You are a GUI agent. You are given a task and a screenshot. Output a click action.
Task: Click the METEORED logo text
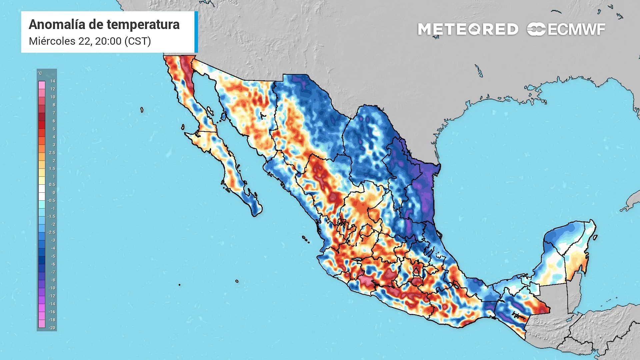click(x=468, y=29)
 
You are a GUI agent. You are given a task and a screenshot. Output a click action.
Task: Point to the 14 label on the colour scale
click(x=53, y=81)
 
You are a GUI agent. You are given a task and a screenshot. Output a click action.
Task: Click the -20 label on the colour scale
click(x=52, y=328)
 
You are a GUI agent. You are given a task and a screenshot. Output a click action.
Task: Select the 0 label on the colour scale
click(x=54, y=192)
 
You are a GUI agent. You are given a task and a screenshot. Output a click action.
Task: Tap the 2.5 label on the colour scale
click(x=52, y=153)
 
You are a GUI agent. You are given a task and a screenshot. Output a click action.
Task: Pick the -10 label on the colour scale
click(x=52, y=288)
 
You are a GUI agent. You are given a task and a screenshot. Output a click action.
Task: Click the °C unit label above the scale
click(x=40, y=73)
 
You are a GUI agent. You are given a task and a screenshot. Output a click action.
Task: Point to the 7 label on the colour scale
click(x=54, y=113)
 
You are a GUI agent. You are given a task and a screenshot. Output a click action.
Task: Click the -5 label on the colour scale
click(x=53, y=256)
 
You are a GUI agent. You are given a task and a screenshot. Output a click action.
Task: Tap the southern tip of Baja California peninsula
click(x=256, y=213)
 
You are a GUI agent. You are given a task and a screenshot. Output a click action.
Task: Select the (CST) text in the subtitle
click(x=138, y=41)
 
